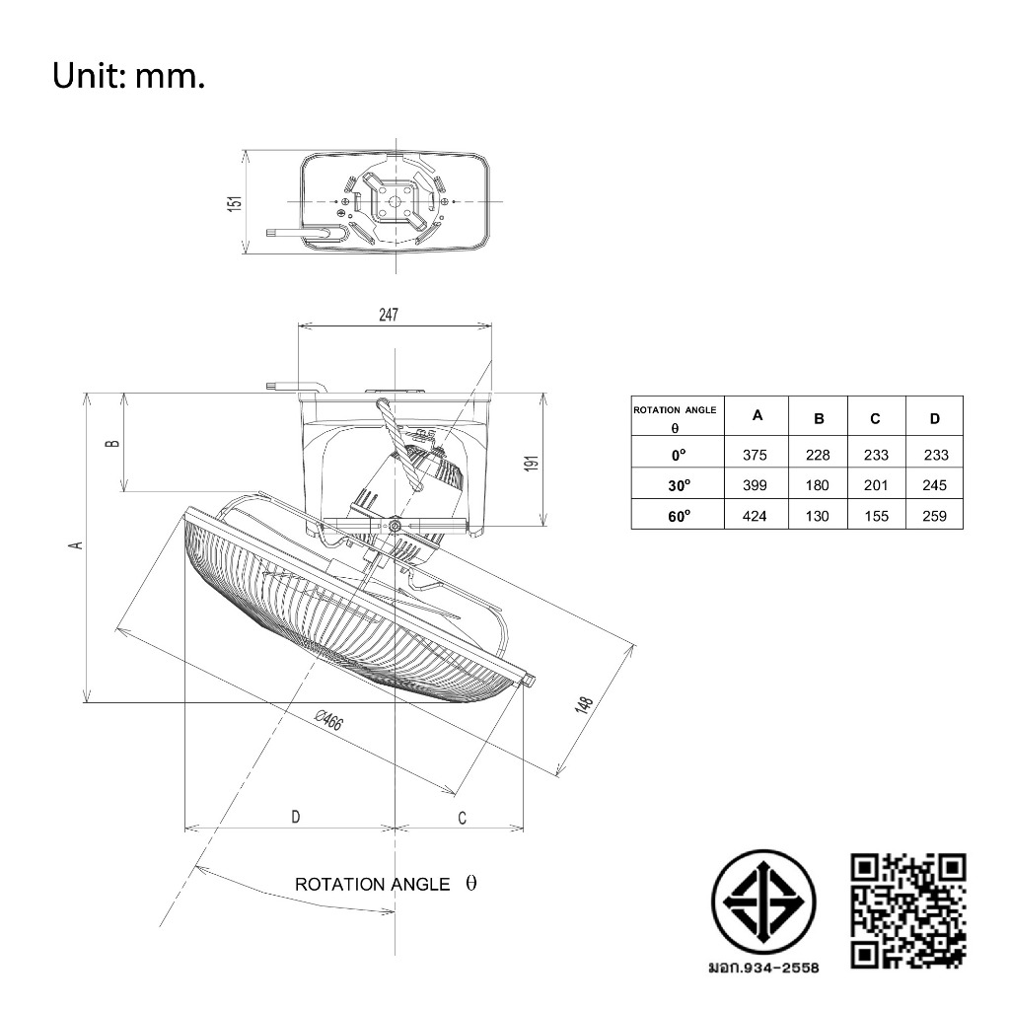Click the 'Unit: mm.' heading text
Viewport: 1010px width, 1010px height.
pyautogui.click(x=128, y=76)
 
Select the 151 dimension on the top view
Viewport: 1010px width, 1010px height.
pyautogui.click(x=235, y=203)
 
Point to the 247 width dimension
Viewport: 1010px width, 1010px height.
pyautogui.click(x=389, y=315)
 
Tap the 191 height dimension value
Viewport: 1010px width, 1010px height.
pyautogui.click(x=532, y=463)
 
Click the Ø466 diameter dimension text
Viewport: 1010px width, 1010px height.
pyautogui.click(x=329, y=719)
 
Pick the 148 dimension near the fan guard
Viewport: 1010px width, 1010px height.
pyautogui.click(x=583, y=704)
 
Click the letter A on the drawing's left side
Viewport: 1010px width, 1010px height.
pyautogui.click(x=77, y=544)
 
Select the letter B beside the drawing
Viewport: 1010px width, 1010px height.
pyautogui.click(x=112, y=443)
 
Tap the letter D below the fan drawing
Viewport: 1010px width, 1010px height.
pyautogui.click(x=296, y=817)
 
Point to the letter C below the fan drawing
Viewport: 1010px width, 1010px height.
pyautogui.click(x=462, y=818)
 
